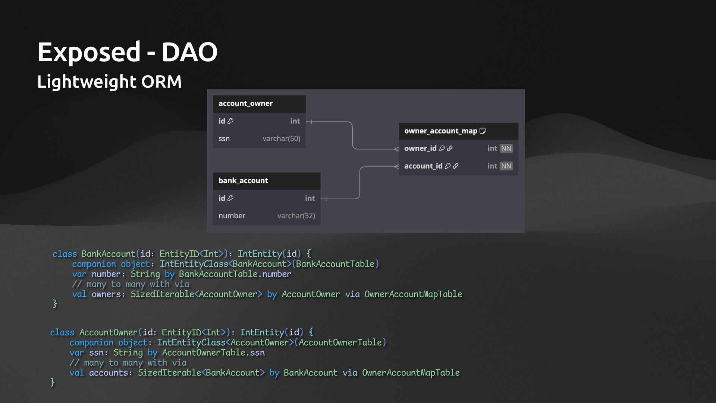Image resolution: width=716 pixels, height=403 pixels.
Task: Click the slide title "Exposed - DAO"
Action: pos(127,52)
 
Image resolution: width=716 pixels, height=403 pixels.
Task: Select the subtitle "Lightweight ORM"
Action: pos(109,81)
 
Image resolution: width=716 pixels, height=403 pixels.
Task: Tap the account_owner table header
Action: pos(245,103)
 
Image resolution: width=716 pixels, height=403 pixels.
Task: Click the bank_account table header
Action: pos(243,181)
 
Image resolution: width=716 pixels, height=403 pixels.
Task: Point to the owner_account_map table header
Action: pos(440,131)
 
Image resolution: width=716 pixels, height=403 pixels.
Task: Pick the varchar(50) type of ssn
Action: pos(281,138)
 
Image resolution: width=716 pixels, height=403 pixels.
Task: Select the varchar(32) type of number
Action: pos(296,216)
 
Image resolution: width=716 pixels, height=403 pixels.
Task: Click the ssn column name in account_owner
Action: pos(224,138)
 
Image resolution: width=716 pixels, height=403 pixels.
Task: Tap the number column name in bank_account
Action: pos(232,216)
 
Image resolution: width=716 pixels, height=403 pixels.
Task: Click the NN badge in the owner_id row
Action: pos(506,149)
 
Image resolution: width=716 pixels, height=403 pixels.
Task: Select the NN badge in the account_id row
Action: pos(506,166)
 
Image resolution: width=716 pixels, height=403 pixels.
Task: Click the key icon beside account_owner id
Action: pos(230,121)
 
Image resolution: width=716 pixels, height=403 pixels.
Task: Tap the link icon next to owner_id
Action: pos(450,149)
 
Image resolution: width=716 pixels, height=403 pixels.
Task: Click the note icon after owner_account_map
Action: pos(483,131)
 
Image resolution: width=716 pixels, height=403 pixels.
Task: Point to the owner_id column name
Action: pos(420,149)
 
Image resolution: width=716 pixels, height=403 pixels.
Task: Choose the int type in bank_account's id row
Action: pos(310,198)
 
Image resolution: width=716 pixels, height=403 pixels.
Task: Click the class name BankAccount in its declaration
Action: pos(108,254)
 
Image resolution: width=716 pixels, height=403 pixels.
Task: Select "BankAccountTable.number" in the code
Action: pos(235,274)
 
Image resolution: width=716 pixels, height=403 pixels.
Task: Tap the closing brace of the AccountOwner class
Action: pos(53,382)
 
